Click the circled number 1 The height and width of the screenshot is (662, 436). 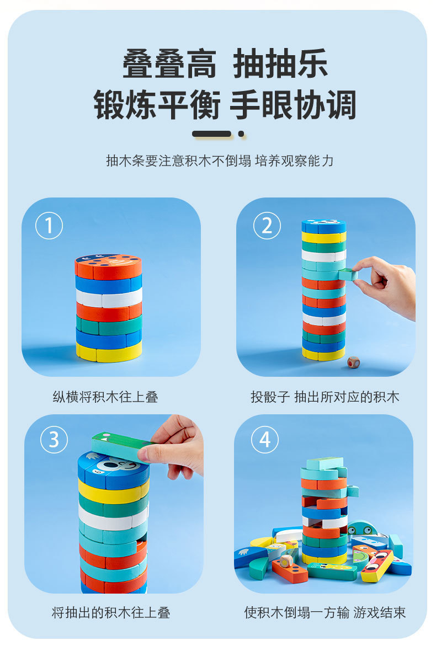click(x=49, y=226)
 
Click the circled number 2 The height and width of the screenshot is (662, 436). click(x=267, y=226)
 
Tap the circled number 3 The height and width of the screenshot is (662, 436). click(x=54, y=440)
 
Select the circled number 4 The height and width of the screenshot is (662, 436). click(x=265, y=440)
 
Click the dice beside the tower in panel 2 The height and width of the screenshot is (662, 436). click(x=353, y=362)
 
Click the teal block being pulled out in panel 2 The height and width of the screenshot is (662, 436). click(x=348, y=274)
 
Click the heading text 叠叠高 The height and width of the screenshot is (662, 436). click(x=169, y=63)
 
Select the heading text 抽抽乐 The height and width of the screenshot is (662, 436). click(x=280, y=63)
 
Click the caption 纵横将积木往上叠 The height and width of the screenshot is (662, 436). click(x=105, y=397)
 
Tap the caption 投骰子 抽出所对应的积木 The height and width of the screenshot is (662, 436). click(x=325, y=397)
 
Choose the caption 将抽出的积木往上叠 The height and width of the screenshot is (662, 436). click(x=111, y=613)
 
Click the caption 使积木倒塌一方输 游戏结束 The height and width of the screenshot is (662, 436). click(x=325, y=613)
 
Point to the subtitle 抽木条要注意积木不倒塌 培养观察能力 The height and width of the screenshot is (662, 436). click(x=220, y=161)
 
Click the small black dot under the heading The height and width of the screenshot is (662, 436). click(x=242, y=134)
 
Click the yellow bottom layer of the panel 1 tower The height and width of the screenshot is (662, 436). click(x=109, y=352)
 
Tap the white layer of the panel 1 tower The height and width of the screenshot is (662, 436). click(x=109, y=297)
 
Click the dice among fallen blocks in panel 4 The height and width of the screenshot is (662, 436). click(x=286, y=560)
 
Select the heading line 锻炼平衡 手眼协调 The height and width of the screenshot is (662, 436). click(x=225, y=105)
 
